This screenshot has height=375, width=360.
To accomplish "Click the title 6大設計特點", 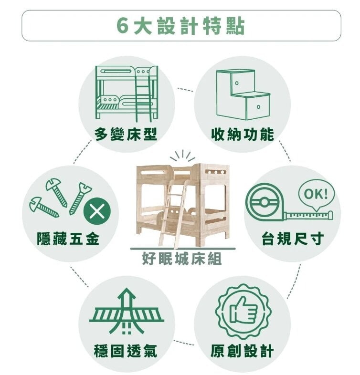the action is point(181,26).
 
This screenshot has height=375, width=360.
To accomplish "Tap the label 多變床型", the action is point(126,134).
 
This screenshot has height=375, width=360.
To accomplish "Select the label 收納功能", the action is point(242,134).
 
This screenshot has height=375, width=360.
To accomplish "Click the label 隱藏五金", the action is point(68,239).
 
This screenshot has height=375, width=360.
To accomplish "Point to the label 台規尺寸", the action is point(293,239).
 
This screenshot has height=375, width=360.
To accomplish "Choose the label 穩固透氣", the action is point(126,351).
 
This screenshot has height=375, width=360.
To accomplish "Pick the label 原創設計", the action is point(242,351).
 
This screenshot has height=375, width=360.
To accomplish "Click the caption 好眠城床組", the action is point(182,259).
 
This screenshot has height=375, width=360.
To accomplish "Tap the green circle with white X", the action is point(97,212).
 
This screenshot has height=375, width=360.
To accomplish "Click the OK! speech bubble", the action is point(316,194).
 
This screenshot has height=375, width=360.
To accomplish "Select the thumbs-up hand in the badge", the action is point(244,310).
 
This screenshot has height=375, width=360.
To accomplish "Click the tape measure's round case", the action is point(264,202).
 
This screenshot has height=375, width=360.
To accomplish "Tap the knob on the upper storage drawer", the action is point(236,83).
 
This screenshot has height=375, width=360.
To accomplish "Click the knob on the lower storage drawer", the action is point(258,107).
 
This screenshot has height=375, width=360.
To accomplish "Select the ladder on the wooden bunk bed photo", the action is point(173,214).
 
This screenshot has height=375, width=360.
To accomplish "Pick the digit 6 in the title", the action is point(122,26).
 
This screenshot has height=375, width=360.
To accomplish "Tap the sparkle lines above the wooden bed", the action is point(183,156).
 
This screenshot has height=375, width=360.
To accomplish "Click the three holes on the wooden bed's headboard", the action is point(216,172).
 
